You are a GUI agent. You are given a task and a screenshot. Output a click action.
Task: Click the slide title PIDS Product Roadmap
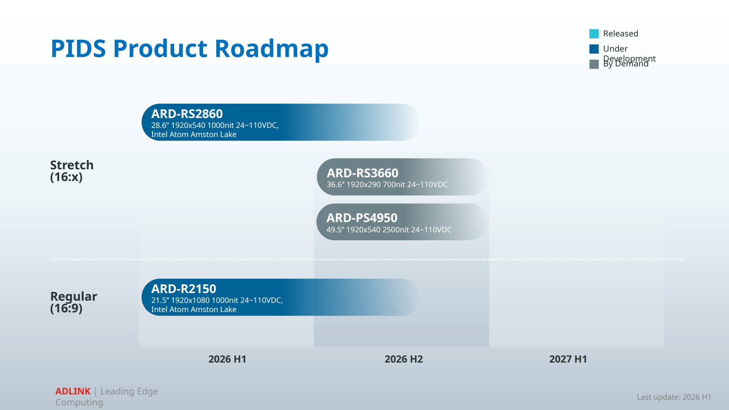tap(189, 49)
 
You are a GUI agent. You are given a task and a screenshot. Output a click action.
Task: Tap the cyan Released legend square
tap(594, 34)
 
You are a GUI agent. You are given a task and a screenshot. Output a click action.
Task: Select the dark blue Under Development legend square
tap(594, 49)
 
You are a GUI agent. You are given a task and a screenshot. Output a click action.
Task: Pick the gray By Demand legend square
tap(594, 64)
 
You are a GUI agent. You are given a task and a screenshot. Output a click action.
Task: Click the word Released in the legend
tap(620, 33)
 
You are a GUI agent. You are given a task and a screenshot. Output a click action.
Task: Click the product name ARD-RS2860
tap(187, 114)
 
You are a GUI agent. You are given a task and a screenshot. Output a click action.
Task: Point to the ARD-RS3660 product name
tap(362, 173)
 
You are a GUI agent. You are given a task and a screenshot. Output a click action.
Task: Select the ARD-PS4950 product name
tap(362, 218)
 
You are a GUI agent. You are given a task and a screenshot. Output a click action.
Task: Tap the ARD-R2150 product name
tap(184, 289)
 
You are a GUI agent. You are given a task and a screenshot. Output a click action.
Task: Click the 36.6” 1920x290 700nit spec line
tap(387, 184)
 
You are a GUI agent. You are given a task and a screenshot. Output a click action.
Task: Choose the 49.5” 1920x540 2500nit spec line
tap(389, 230)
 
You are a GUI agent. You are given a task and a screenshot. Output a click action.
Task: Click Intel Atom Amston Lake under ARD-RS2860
tap(194, 134)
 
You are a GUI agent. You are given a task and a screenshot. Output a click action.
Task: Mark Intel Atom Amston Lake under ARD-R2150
tap(194, 309)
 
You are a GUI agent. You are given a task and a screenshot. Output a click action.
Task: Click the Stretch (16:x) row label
tap(72, 171)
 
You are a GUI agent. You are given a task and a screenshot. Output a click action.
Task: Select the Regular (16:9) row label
tap(74, 302)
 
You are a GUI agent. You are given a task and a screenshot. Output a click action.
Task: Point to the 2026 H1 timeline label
tap(227, 359)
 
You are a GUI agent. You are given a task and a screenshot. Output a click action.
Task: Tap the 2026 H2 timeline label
tap(403, 359)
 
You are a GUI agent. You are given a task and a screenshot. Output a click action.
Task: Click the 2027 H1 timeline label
tap(568, 359)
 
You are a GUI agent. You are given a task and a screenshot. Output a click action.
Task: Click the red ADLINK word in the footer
tap(73, 391)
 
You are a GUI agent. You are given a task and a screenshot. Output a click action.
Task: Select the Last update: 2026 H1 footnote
tap(674, 397)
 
